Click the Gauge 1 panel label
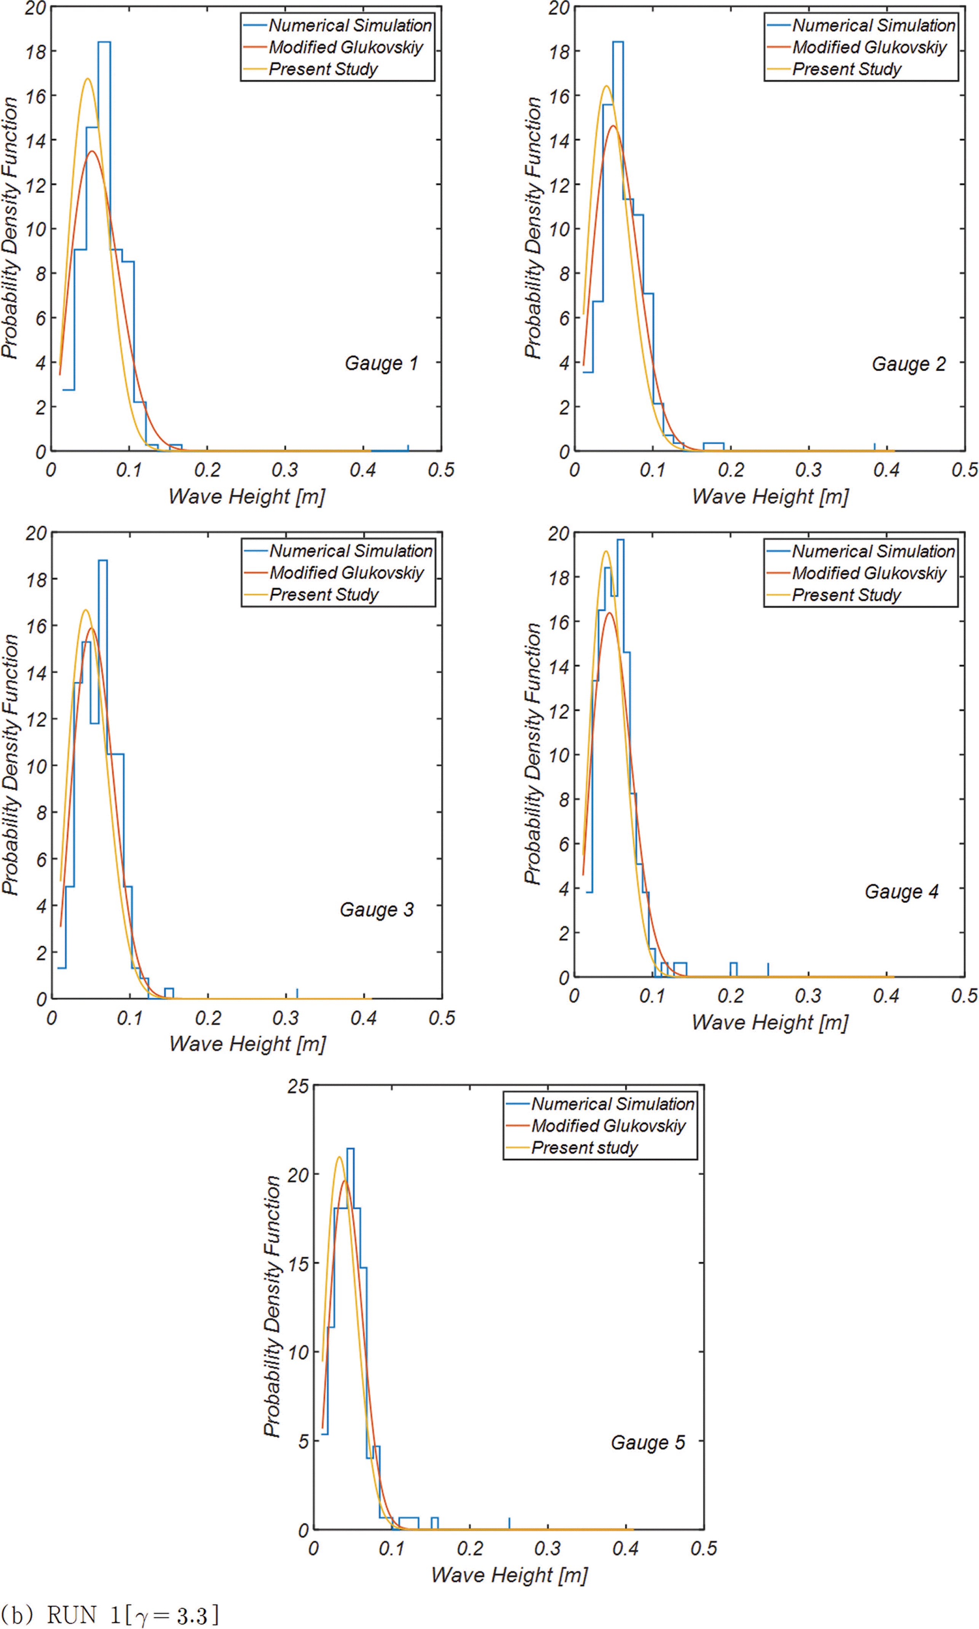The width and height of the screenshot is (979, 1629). pos(381,364)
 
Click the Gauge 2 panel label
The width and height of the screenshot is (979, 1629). pos(909,364)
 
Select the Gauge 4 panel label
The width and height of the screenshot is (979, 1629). pos(901,892)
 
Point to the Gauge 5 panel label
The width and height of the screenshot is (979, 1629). pos(648,1442)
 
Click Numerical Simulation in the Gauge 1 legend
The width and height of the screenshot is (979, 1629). pos(350,26)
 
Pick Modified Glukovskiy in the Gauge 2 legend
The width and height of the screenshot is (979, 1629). pos(869,48)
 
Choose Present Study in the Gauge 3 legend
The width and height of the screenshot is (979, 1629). pos(324,595)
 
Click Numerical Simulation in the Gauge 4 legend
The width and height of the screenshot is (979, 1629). pos(873,551)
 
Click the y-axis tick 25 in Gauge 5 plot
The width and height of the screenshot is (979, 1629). pos(298,1086)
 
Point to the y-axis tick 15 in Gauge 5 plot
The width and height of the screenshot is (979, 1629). pos(298,1264)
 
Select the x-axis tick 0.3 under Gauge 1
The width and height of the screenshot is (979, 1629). pos(285,470)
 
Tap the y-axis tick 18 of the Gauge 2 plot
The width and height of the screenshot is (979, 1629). pos(559,51)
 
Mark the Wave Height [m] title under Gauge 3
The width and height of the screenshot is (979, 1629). pos(248,1044)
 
